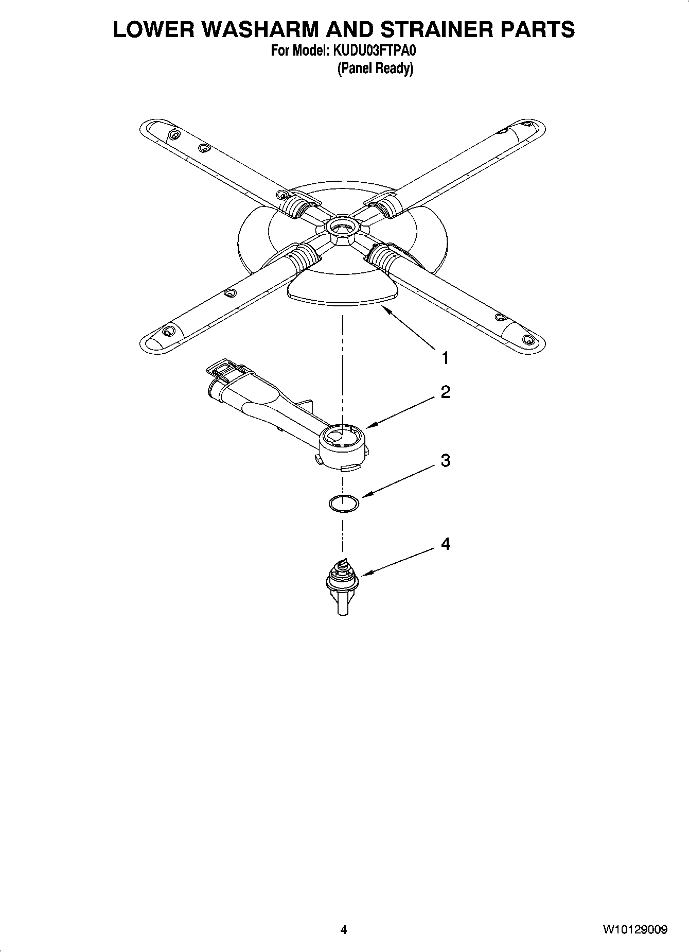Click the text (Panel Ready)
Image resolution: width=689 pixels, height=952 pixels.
click(375, 68)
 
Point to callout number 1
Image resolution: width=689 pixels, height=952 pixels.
click(445, 357)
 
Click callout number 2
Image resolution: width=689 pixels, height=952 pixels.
click(445, 392)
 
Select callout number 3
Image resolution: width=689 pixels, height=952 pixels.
click(445, 460)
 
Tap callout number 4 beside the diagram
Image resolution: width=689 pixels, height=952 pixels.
click(445, 544)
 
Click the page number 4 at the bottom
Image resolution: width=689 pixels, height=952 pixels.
click(344, 929)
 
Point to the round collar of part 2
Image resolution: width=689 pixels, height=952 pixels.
click(343, 444)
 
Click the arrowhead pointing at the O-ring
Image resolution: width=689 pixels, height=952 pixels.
click(364, 495)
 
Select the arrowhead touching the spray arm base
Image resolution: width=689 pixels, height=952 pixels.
click(383, 308)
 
